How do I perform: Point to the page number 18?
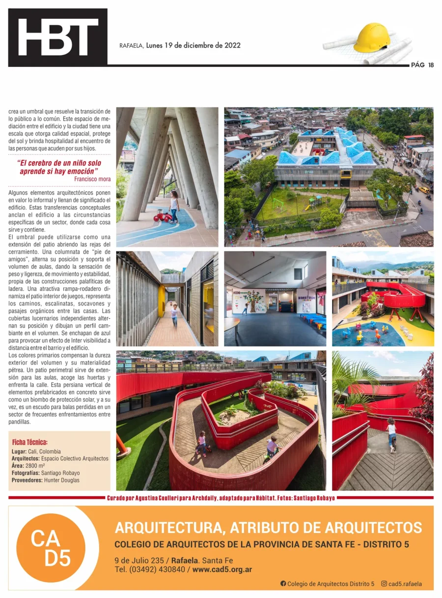point(431,65)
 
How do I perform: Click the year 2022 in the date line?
point(232,45)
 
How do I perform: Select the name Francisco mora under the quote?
point(92,179)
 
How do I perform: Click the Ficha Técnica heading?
point(29,442)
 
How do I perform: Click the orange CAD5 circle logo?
point(51,547)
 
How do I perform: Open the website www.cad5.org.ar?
point(222,569)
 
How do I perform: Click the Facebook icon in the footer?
point(283,584)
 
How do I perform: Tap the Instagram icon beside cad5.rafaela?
point(384,584)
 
